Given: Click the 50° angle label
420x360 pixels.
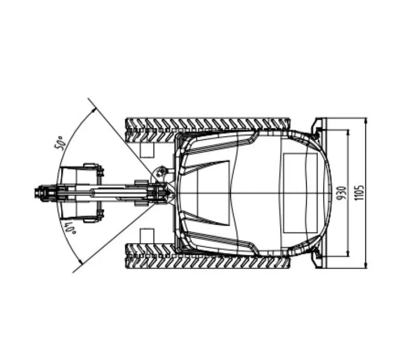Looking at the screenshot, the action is tap(60, 143).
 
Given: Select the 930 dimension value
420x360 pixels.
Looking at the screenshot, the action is tap(341, 193).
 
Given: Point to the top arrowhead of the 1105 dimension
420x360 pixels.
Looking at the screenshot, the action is tap(366, 120).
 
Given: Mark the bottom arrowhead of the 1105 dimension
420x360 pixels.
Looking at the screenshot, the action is tap(366, 265).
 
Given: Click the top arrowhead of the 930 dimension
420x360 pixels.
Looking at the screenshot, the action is tap(348, 133).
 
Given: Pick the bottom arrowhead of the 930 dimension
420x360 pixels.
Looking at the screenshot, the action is tap(348, 253).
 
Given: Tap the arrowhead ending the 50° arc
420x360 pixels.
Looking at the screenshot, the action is tap(93, 110).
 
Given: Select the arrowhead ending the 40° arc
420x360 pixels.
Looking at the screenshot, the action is tap(80, 262).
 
